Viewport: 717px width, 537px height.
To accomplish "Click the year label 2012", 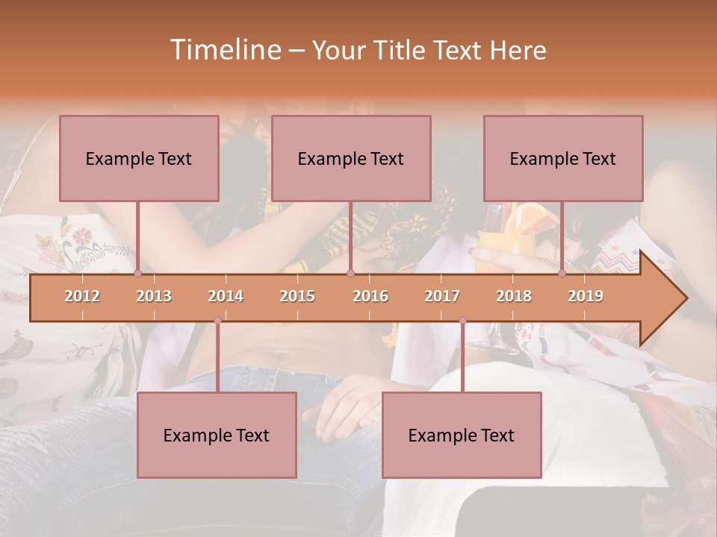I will (x=82, y=297).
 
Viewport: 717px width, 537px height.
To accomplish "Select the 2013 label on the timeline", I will (x=154, y=297).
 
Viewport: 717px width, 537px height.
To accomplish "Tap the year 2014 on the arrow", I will (x=226, y=297).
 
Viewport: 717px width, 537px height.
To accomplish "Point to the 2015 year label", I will (x=297, y=297).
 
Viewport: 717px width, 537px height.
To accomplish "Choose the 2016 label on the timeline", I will (x=370, y=297).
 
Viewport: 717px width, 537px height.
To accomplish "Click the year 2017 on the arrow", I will (x=442, y=297).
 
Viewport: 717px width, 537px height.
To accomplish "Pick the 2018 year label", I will (x=514, y=297).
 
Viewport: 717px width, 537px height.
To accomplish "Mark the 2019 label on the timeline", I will (x=586, y=297).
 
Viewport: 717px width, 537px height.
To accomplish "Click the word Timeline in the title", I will (x=224, y=50).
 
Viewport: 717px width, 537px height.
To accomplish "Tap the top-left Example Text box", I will (x=139, y=158).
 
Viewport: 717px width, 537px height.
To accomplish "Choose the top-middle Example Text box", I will (x=351, y=158).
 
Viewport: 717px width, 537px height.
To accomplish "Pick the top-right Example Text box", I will (x=563, y=158).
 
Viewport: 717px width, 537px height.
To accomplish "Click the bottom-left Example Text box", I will (x=217, y=435).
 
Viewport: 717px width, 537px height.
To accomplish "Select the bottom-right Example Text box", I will (x=462, y=435).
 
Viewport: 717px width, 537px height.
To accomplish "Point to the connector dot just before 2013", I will (x=137, y=274).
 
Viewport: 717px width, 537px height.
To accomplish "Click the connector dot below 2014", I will (x=217, y=321).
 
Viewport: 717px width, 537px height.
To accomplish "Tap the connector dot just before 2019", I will (x=562, y=274).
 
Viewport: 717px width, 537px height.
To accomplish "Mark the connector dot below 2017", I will (x=462, y=321).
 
